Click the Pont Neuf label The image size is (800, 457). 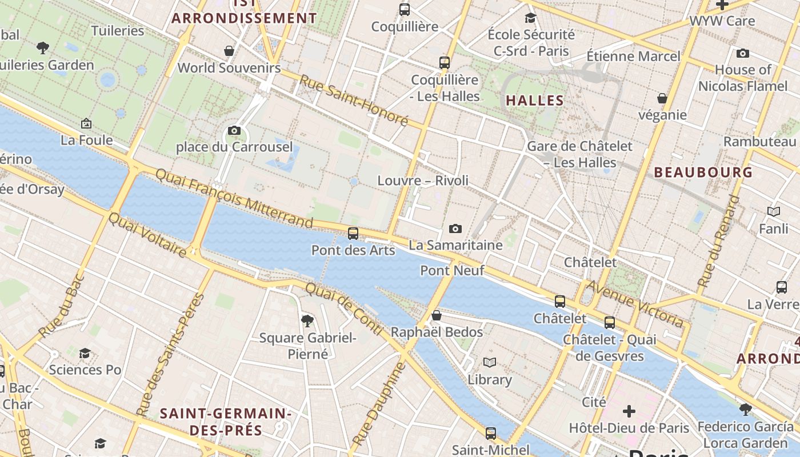pyautogui.click(x=452, y=270)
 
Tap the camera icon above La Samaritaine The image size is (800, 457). pyautogui.click(x=455, y=228)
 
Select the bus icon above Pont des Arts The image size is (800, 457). pyautogui.click(x=353, y=233)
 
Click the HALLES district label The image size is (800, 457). pyautogui.click(x=535, y=101)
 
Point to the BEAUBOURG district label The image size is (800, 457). pyautogui.click(x=703, y=172)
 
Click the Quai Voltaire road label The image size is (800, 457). pyautogui.click(x=147, y=235)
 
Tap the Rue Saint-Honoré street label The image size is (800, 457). pyautogui.click(x=354, y=101)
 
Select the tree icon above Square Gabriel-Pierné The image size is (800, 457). pyautogui.click(x=307, y=320)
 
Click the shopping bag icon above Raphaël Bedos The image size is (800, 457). pyautogui.click(x=437, y=315)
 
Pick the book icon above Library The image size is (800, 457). pyautogui.click(x=490, y=362)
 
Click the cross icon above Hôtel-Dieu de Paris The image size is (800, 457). pyautogui.click(x=629, y=411)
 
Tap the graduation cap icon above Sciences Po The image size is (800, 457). pyautogui.click(x=85, y=353)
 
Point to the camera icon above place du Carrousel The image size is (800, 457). pyautogui.click(x=234, y=130)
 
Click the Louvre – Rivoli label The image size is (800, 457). pyautogui.click(x=423, y=181)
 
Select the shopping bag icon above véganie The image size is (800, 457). pyautogui.click(x=662, y=98)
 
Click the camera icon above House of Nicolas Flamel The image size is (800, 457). pyautogui.click(x=743, y=53)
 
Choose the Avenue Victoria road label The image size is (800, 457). pyautogui.click(x=634, y=303)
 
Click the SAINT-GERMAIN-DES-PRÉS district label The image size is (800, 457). pyautogui.click(x=226, y=422)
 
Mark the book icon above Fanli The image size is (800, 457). pyautogui.click(x=774, y=212)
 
